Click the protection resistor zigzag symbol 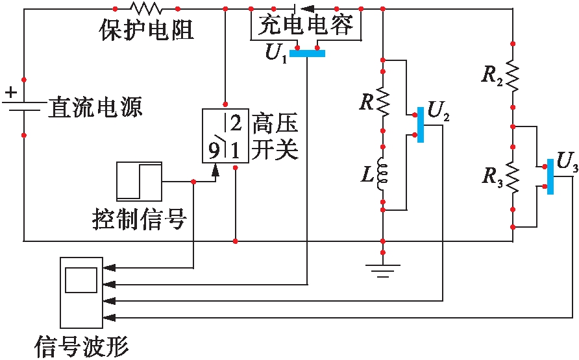tap(145, 8)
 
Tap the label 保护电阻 tap(146, 29)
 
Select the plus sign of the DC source tap(10, 93)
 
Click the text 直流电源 tap(95, 107)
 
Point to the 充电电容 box tap(306, 25)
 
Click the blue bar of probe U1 tap(307, 53)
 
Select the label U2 tap(439, 113)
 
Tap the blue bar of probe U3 tap(550, 175)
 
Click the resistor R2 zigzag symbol tap(513, 77)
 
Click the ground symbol tap(383, 268)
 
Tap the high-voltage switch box tap(225, 136)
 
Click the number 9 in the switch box tap(214, 151)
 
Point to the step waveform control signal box tap(138, 180)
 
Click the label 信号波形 tap(81, 345)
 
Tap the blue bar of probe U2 tap(421, 124)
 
